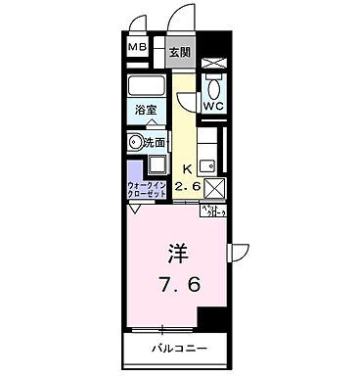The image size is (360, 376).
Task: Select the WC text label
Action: point(212,106)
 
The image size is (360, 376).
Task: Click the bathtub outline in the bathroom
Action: point(149,87)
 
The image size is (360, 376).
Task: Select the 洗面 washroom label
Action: point(155,143)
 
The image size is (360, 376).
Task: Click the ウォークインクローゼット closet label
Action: point(147,186)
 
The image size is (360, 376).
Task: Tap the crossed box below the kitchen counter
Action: point(214,185)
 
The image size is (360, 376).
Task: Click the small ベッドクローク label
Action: point(214,211)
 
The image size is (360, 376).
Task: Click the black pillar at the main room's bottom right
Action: point(211,319)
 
